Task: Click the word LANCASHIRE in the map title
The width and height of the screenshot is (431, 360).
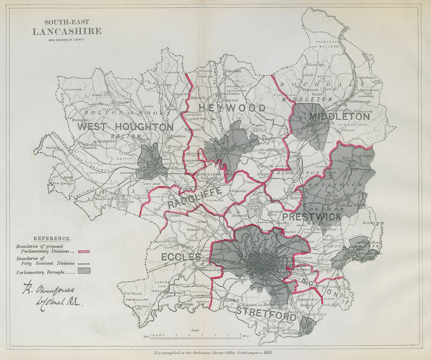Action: tap(67, 31)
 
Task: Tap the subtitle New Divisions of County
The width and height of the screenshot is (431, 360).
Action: tap(67, 40)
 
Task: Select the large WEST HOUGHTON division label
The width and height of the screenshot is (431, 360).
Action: tap(125, 127)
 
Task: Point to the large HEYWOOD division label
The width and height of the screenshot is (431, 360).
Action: tap(231, 108)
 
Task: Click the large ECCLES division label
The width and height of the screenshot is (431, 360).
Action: tap(181, 257)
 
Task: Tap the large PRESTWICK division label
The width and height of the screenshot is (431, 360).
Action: tap(319, 217)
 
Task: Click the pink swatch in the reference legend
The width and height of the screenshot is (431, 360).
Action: tap(84, 251)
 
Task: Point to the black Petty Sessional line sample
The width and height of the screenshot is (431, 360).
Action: tap(84, 262)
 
